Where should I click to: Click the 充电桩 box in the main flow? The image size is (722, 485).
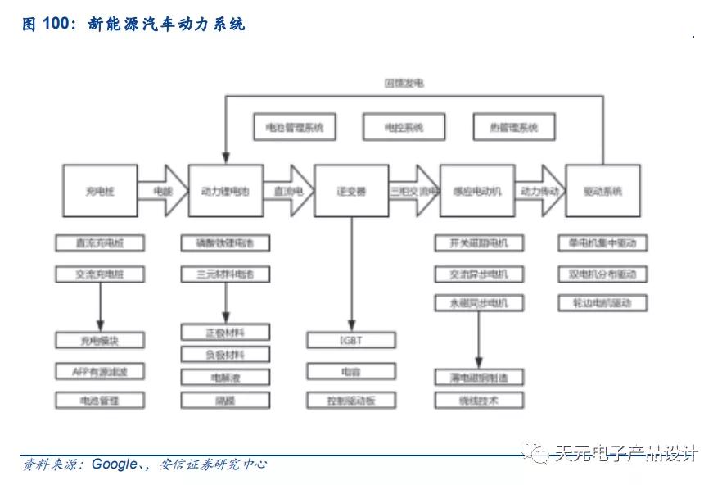(100, 191)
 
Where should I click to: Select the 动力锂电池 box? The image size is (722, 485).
(225, 191)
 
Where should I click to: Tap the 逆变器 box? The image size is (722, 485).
(351, 191)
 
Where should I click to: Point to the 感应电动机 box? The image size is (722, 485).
(477, 191)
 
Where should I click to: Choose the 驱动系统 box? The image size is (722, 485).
(603, 191)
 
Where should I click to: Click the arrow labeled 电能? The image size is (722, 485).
(163, 191)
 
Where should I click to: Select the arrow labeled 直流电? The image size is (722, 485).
(288, 191)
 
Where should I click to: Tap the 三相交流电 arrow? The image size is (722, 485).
(414, 191)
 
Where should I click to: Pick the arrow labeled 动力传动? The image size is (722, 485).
(540, 191)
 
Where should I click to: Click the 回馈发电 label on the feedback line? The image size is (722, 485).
(404, 84)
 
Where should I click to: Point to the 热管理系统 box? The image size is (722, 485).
(514, 128)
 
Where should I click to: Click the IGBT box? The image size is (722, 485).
(351, 340)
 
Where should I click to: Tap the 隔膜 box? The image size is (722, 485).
(225, 401)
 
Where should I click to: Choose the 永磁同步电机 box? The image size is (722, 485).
(479, 303)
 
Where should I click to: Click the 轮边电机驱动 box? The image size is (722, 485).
(602, 303)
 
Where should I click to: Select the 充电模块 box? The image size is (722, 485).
(100, 340)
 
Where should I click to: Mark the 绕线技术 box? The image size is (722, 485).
(479, 401)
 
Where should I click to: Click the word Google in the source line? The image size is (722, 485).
(114, 465)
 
